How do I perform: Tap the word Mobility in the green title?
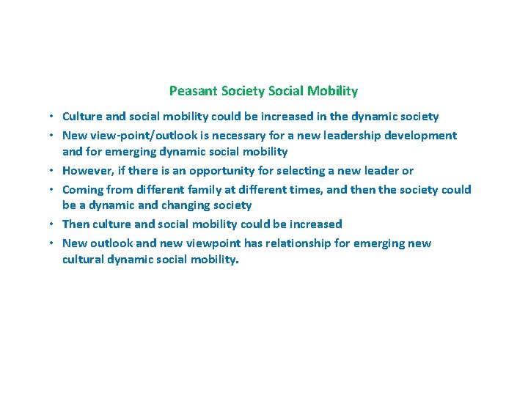click(x=333, y=92)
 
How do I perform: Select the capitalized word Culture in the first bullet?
click(x=82, y=117)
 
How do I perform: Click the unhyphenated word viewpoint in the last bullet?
click(x=210, y=243)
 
